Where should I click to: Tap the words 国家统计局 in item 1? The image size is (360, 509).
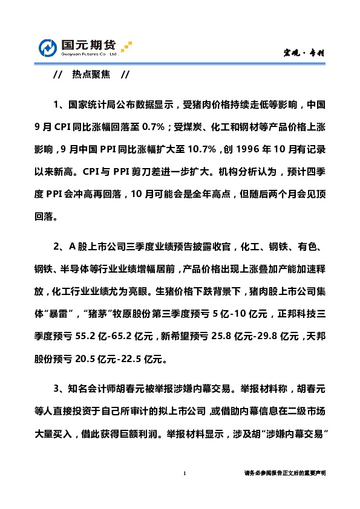click(92, 105)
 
